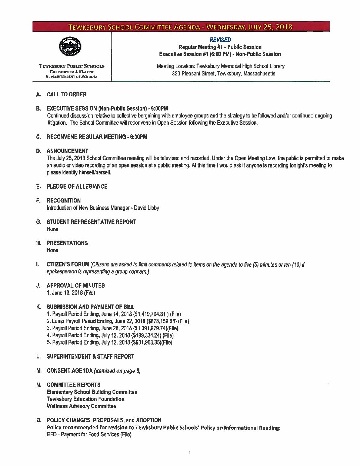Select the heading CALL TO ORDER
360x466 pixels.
click(x=67, y=94)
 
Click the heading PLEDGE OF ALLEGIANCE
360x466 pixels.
click(x=77, y=186)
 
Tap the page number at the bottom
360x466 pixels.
click(x=189, y=453)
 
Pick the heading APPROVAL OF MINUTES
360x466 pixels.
click(x=76, y=285)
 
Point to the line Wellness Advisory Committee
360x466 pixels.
click(x=81, y=406)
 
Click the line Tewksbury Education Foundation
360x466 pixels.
click(x=86, y=399)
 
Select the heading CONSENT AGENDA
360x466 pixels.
click(x=69, y=371)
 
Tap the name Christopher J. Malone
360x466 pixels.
click(x=72, y=71)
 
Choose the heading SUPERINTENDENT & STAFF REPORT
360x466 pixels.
click(x=90, y=356)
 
